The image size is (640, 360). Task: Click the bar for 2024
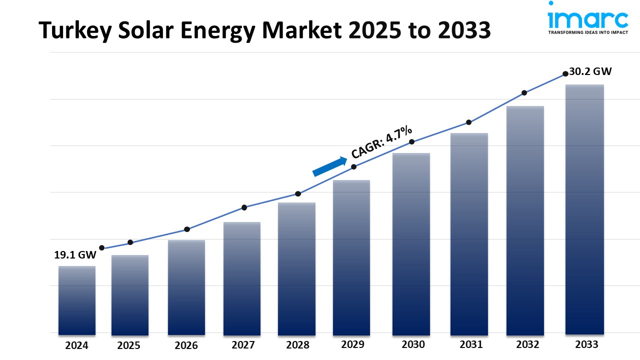pos(76,300)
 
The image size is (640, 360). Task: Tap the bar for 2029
pos(351,257)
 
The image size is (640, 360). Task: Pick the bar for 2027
pos(242,278)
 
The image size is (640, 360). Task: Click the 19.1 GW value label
pos(75,255)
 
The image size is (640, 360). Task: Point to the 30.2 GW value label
pos(590,71)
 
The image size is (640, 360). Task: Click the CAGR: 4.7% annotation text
pos(381,142)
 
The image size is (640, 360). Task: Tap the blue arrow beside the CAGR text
pos(329,166)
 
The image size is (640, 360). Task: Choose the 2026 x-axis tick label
pos(186,345)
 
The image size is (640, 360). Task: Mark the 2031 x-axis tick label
pos(471,344)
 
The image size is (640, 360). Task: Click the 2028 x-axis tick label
pos(297,345)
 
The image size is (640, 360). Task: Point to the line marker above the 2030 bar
pos(412,142)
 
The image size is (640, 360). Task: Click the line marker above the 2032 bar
pos(524,93)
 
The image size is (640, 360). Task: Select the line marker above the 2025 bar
pos(130,242)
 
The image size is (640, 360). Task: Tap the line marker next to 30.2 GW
pos(565,73)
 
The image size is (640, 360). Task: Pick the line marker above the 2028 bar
pos(298,193)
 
